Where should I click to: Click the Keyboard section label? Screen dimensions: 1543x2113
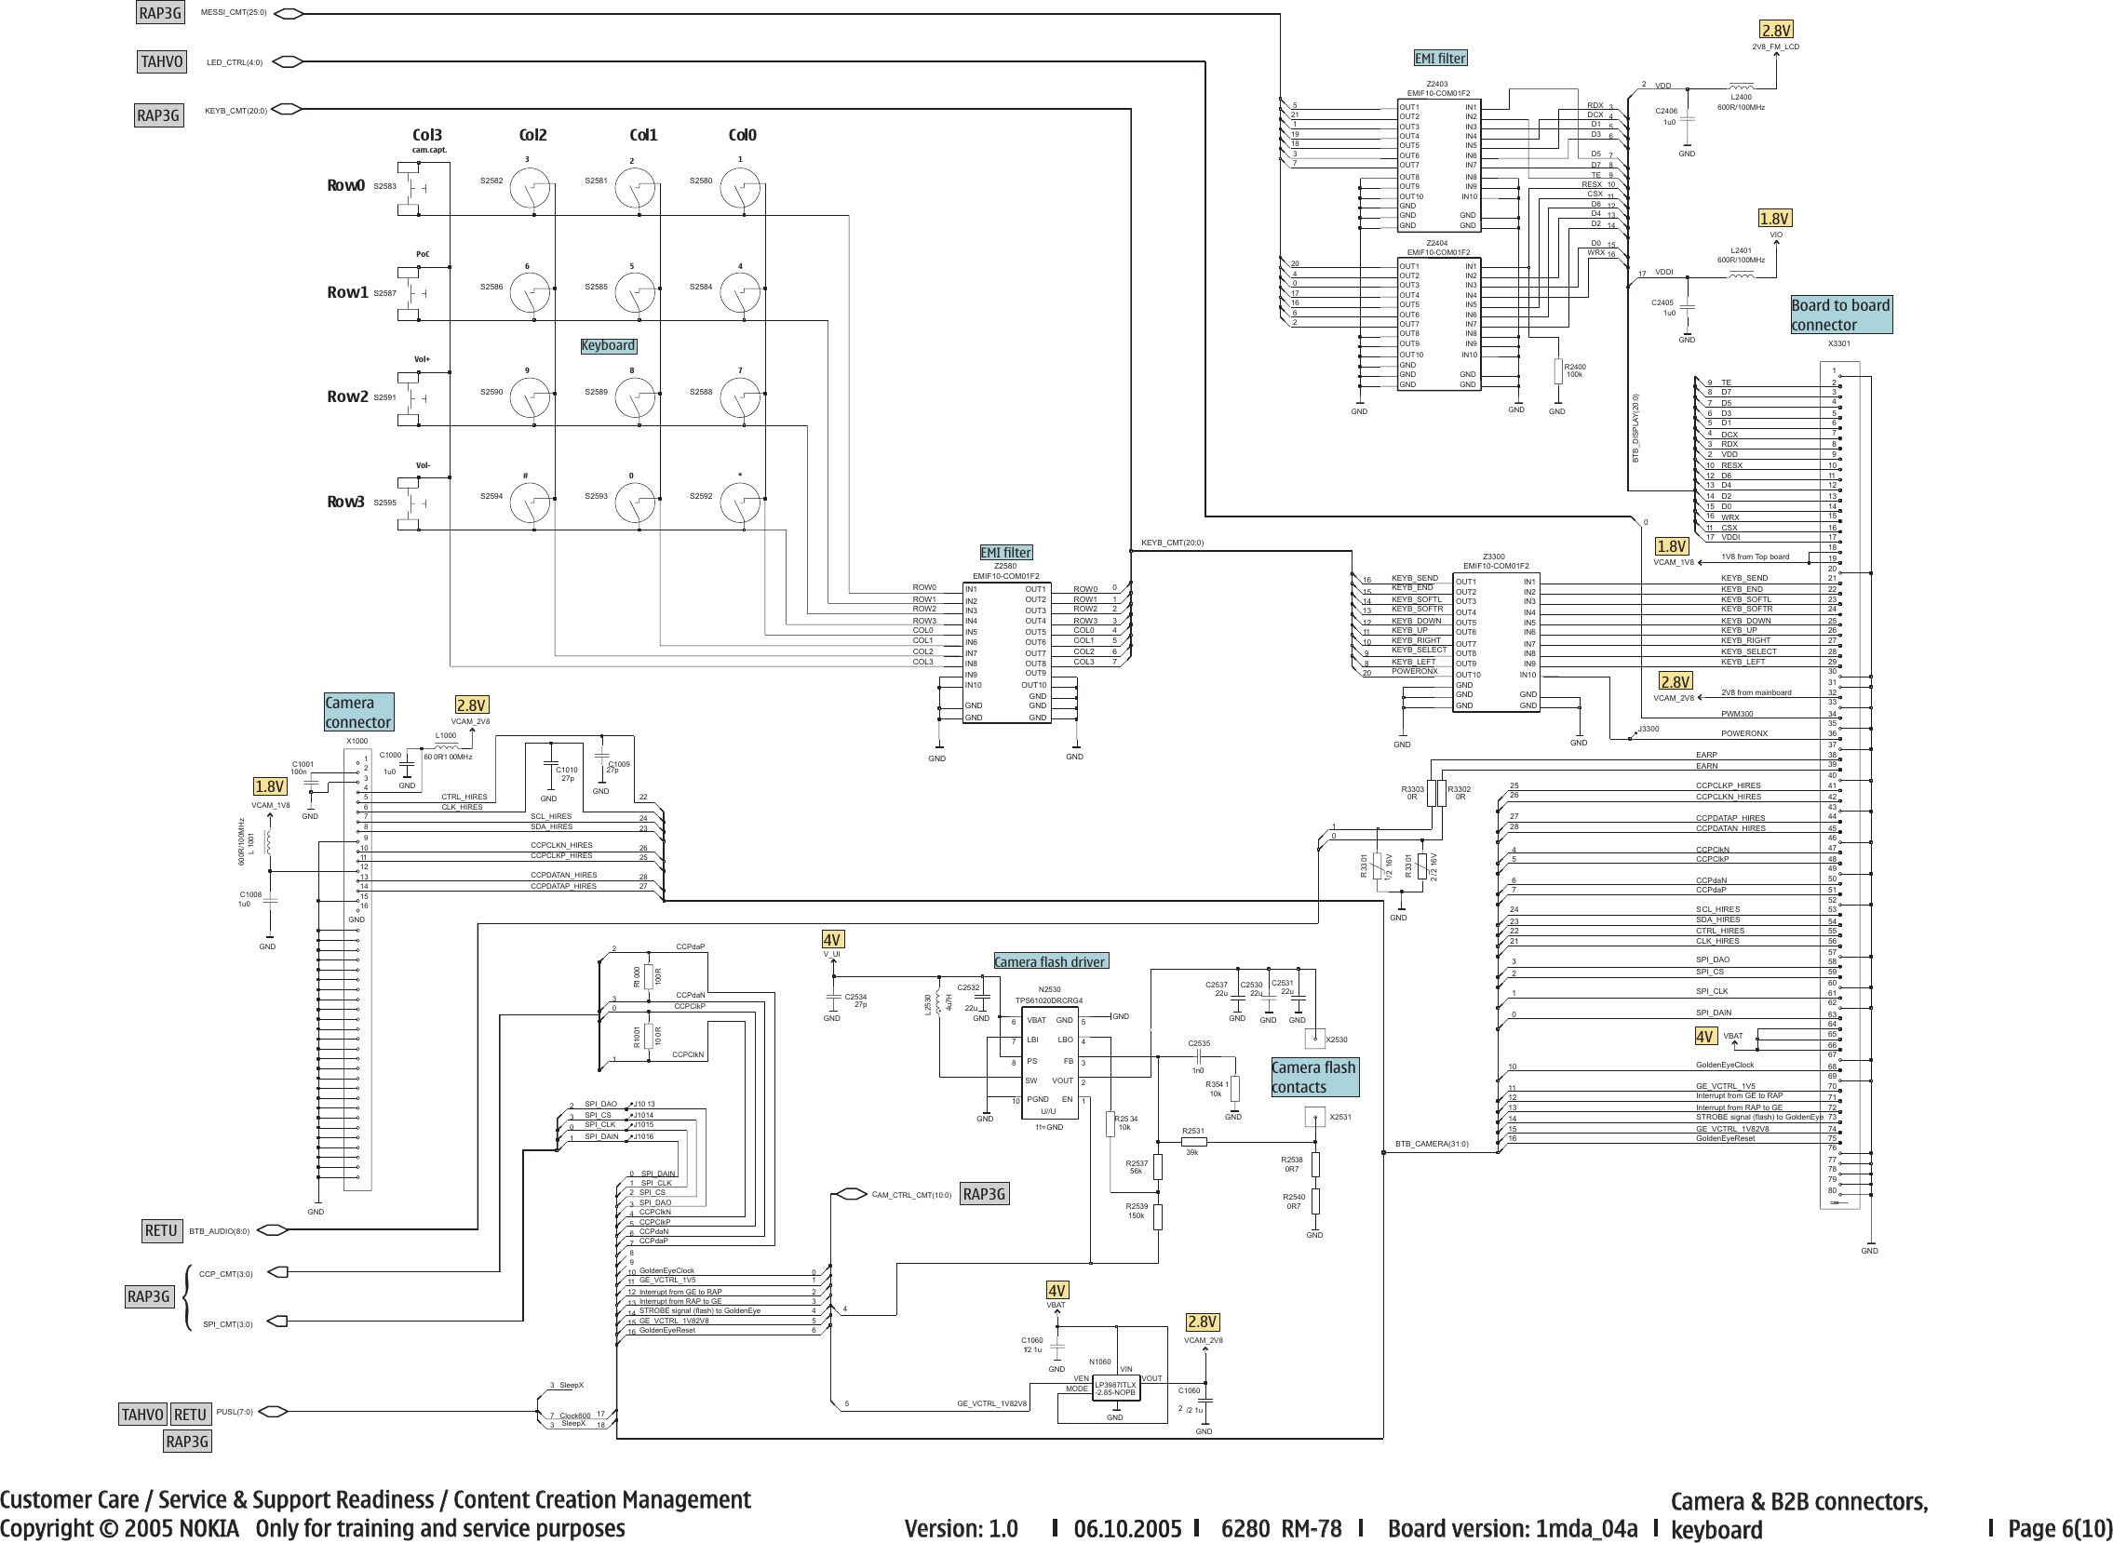pyautogui.click(x=608, y=345)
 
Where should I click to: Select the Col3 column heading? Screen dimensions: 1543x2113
pyautogui.click(x=427, y=136)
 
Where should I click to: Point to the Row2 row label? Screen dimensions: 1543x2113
pyautogui.click(x=346, y=397)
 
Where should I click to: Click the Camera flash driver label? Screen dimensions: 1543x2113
pyautogui.click(x=1049, y=962)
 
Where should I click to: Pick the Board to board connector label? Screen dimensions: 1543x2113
pyautogui.click(x=1840, y=315)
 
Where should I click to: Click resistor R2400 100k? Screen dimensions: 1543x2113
pyautogui.click(x=1557, y=371)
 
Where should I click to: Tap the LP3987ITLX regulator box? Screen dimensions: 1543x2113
pyautogui.click(x=1115, y=1389)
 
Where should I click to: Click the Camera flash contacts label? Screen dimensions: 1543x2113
pyautogui.click(x=1313, y=1077)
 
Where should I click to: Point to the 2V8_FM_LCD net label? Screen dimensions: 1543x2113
pyautogui.click(x=1775, y=47)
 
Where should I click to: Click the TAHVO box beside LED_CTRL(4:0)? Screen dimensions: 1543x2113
pyautogui.click(x=162, y=61)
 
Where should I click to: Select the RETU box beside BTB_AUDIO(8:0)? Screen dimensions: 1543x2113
pyautogui.click(x=161, y=1230)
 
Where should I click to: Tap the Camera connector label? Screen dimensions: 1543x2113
pyautogui.click(x=357, y=713)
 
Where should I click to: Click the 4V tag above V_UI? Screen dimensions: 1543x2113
pyautogui.click(x=832, y=940)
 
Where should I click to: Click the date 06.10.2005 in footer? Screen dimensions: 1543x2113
pyautogui.click(x=1127, y=1528)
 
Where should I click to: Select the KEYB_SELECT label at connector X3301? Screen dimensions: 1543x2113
pyautogui.click(x=1749, y=652)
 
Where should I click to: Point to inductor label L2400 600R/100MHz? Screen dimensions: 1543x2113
pyautogui.click(x=1741, y=101)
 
